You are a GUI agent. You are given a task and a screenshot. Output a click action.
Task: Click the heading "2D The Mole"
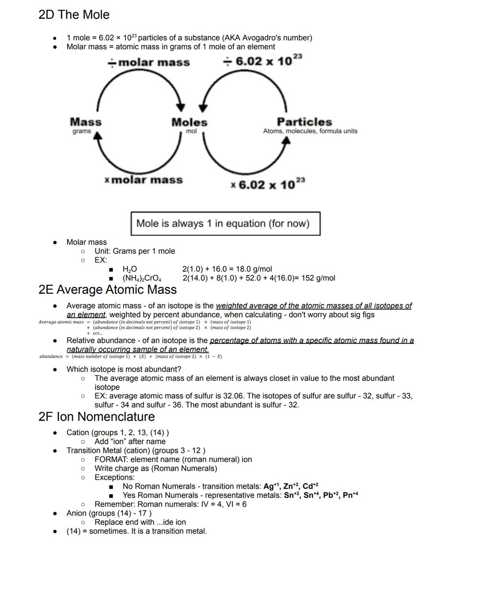(x=74, y=15)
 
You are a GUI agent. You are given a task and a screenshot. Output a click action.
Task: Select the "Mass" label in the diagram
(x=86, y=122)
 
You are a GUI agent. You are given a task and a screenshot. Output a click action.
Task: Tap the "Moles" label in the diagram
(x=189, y=122)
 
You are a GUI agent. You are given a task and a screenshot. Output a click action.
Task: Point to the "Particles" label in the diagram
(x=304, y=122)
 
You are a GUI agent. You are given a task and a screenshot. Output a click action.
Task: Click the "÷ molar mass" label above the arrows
(x=149, y=62)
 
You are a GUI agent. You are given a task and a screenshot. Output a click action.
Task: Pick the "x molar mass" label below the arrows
(x=144, y=180)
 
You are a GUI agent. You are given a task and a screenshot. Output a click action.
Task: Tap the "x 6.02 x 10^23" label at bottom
(x=268, y=184)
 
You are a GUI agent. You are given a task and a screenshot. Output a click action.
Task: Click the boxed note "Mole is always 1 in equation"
(x=225, y=224)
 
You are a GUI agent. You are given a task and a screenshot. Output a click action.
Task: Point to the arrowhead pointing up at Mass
(x=98, y=136)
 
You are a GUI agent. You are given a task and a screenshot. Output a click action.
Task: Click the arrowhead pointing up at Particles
(x=286, y=140)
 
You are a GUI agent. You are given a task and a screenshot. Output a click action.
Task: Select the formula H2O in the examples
(x=129, y=269)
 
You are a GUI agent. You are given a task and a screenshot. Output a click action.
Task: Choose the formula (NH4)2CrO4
(x=142, y=278)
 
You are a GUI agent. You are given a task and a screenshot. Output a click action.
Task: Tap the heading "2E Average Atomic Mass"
(x=107, y=290)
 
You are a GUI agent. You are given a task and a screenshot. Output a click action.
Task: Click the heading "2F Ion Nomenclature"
(x=96, y=417)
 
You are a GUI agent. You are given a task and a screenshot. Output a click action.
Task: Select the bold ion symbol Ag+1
(x=271, y=486)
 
